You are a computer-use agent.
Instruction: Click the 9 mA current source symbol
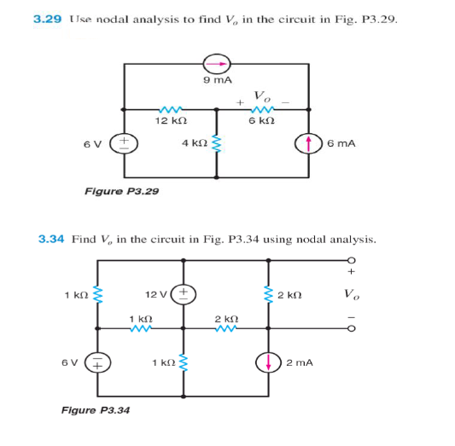(x=217, y=63)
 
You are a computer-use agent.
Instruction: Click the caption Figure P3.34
(x=96, y=410)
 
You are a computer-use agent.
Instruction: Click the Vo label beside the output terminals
(x=352, y=295)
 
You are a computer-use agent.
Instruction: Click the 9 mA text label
(x=217, y=82)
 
